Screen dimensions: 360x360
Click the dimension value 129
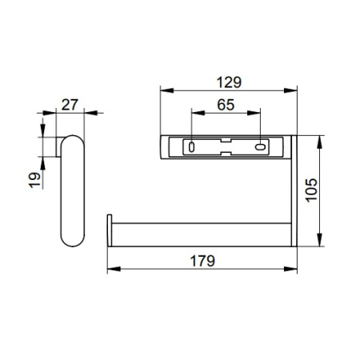(229, 82)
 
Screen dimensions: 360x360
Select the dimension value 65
(226, 105)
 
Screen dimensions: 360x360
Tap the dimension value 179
(202, 261)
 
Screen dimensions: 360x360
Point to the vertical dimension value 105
(311, 190)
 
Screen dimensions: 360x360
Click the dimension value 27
(70, 105)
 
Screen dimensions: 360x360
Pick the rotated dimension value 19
(34, 180)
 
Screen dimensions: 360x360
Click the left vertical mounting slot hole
(191, 147)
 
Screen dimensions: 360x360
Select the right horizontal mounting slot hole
(260, 146)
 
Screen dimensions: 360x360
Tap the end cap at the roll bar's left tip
(110, 230)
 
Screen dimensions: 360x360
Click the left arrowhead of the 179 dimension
(114, 269)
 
